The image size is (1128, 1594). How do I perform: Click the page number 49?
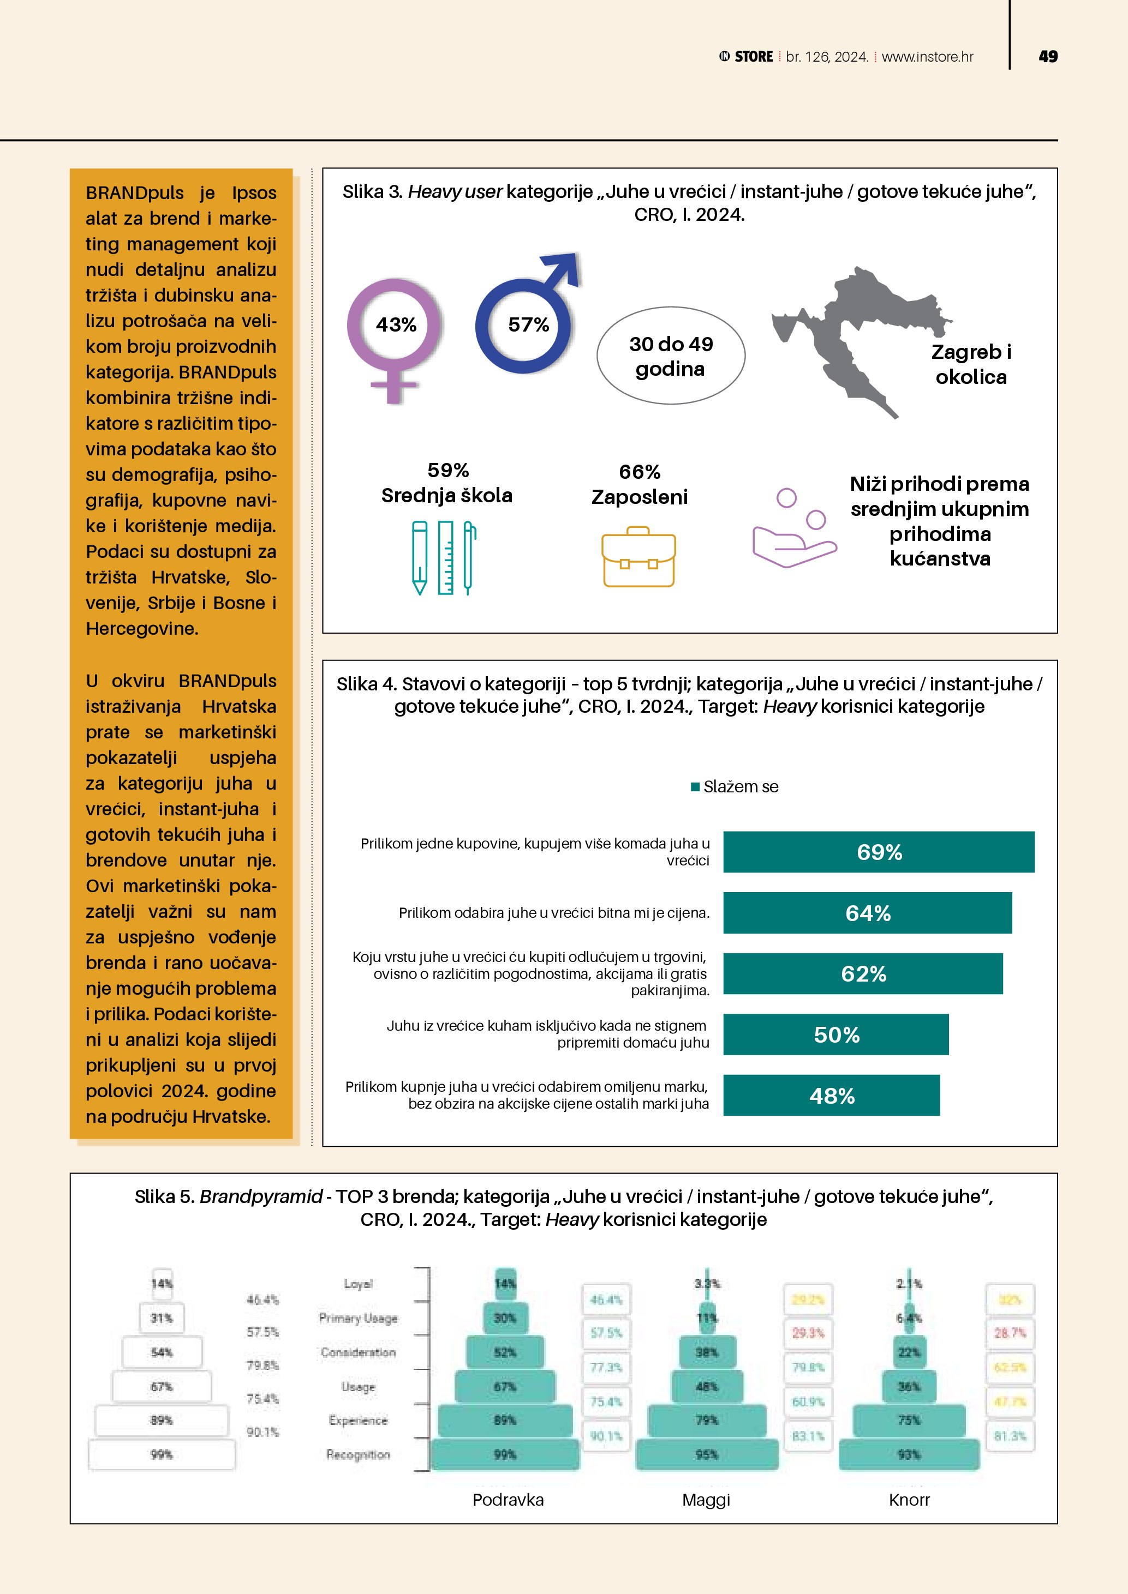click(1047, 57)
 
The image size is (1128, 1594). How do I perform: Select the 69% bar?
click(878, 852)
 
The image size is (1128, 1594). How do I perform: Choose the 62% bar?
click(863, 973)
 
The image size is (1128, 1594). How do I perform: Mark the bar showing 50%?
click(835, 1034)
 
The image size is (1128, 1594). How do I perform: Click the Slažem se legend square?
click(695, 786)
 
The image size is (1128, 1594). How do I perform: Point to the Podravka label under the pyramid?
click(508, 1500)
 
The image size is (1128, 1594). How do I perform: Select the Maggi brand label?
click(706, 1500)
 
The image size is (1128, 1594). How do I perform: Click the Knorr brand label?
click(909, 1500)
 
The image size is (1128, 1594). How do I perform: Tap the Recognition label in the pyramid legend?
click(357, 1454)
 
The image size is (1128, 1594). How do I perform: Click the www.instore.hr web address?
click(927, 57)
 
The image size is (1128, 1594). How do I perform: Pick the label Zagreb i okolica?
click(970, 364)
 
